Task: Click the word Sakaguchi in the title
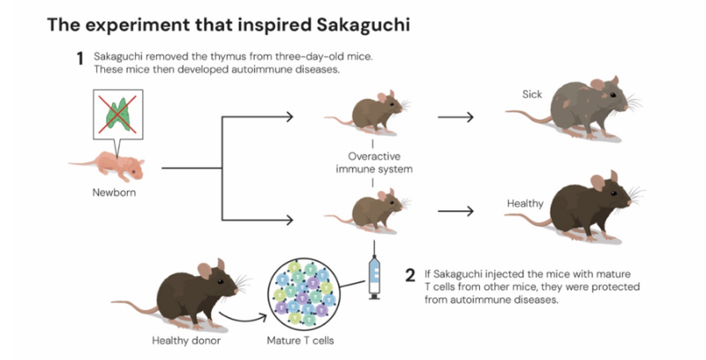click(364, 25)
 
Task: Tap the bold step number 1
click(79, 60)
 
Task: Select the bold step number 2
click(409, 274)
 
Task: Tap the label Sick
click(531, 93)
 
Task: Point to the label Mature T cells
click(302, 340)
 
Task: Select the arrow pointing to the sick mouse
click(455, 116)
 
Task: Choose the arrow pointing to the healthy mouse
click(455, 212)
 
